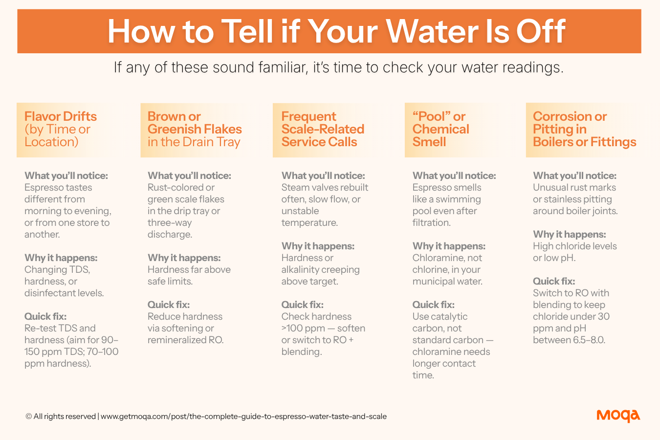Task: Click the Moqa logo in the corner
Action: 618,416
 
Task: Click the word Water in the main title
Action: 432,31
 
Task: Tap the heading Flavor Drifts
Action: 61,116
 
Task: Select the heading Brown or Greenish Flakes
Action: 195,123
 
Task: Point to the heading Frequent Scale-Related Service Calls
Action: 323,129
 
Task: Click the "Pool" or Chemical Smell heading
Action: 440,129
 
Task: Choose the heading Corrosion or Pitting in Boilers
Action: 585,129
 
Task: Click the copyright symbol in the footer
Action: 28,416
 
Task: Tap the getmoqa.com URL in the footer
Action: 243,417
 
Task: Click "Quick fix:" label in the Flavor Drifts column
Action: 45,316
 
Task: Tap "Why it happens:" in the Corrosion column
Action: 569,235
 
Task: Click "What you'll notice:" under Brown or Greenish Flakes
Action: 189,176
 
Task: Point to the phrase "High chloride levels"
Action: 574,246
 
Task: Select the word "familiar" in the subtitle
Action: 283,67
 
